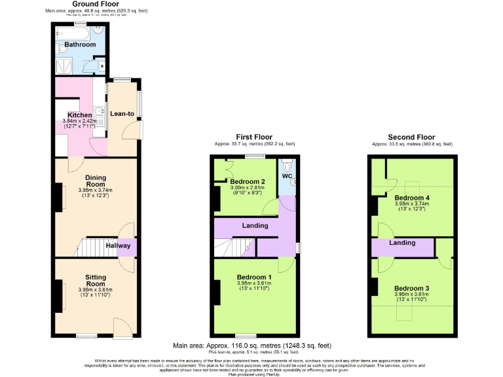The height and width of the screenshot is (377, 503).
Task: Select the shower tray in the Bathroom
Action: click(65, 66)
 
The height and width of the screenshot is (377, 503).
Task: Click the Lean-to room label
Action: click(122, 114)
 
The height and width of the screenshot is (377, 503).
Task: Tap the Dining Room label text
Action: click(96, 181)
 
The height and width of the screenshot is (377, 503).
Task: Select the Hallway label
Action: click(119, 246)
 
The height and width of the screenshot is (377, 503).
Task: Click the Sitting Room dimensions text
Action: click(96, 293)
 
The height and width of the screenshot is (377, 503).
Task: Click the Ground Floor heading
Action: click(95, 4)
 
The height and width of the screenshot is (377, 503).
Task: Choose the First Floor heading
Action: click(255, 137)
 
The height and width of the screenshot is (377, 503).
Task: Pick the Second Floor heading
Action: click(412, 137)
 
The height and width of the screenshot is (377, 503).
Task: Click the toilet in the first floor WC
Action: click(287, 164)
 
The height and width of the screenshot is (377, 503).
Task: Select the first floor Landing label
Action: click(255, 226)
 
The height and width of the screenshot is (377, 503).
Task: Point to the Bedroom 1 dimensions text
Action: click(255, 286)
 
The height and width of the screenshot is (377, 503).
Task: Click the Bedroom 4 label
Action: click(412, 198)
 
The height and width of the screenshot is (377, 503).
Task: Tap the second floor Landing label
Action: click(402, 243)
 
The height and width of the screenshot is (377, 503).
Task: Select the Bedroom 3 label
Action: click(412, 288)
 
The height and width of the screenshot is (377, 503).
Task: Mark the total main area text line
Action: click(252, 346)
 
